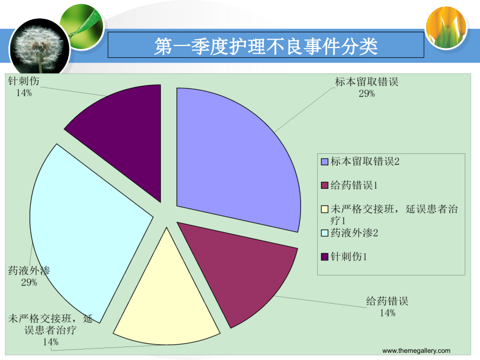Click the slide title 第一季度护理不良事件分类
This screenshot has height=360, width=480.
pos(266,47)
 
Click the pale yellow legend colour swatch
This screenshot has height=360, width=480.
pos(325,209)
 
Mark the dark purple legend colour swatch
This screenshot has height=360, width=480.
pos(325,257)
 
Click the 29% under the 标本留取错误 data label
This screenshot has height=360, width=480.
pos(366,93)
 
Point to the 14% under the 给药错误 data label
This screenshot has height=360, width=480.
pos(387,313)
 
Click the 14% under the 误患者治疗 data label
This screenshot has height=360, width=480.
pos(51,342)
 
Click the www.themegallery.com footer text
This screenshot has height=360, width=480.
pos(416,351)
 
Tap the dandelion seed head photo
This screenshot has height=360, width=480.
pos(31,44)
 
